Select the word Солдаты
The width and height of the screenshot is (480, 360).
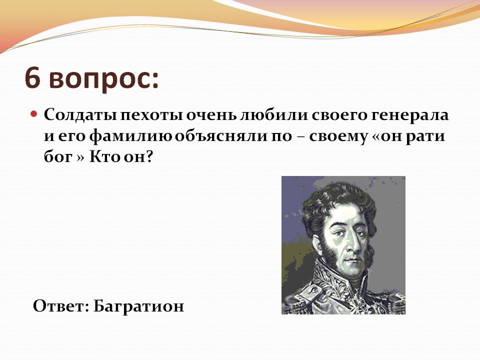pyautogui.click(x=80, y=115)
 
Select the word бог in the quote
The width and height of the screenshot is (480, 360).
pyautogui.click(x=58, y=157)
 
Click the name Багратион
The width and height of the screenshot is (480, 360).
pyautogui.click(x=138, y=306)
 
